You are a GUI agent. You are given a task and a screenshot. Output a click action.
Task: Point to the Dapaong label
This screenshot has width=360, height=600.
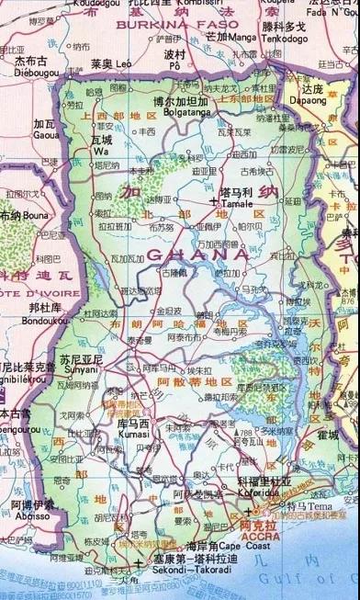311,99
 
